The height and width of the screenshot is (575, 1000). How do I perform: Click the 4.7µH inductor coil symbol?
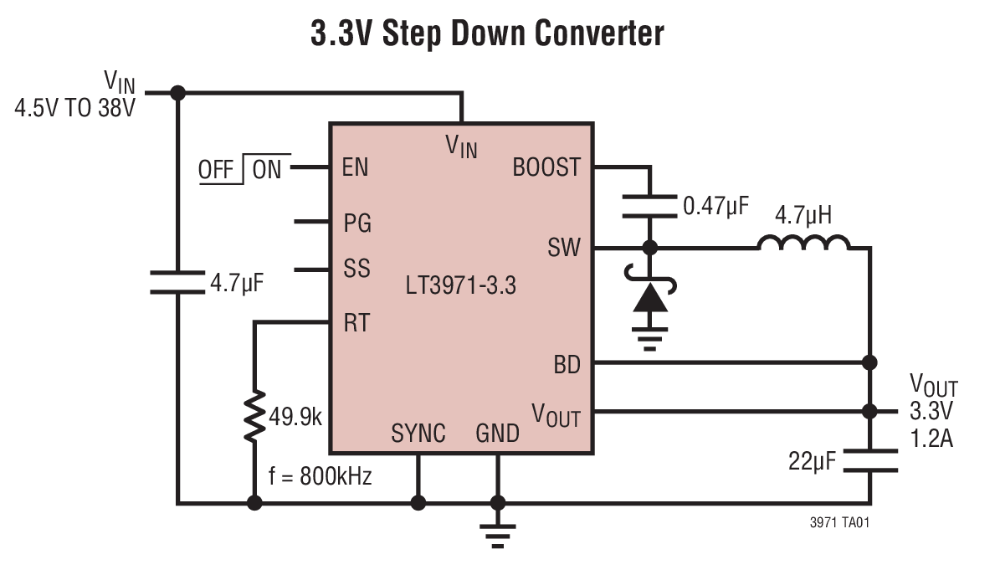click(803, 243)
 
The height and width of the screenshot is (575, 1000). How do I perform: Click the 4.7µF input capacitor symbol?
click(177, 282)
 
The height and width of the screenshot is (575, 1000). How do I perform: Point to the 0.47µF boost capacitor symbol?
click(649, 205)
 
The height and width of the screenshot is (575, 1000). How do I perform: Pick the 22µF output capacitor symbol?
click(870, 460)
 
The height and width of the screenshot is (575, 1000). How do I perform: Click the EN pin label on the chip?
click(355, 167)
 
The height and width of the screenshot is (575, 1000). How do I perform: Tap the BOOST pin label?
click(546, 167)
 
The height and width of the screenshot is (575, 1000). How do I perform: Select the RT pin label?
click(356, 322)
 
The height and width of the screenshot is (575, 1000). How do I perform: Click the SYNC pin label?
click(418, 434)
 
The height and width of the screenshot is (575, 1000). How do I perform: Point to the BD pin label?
click(567, 365)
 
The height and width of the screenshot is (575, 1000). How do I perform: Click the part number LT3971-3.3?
click(460, 286)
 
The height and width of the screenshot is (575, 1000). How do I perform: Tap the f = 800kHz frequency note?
click(320, 477)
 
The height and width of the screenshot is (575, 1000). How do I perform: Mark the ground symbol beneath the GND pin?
click(498, 536)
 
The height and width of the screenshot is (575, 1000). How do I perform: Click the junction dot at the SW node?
click(649, 248)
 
